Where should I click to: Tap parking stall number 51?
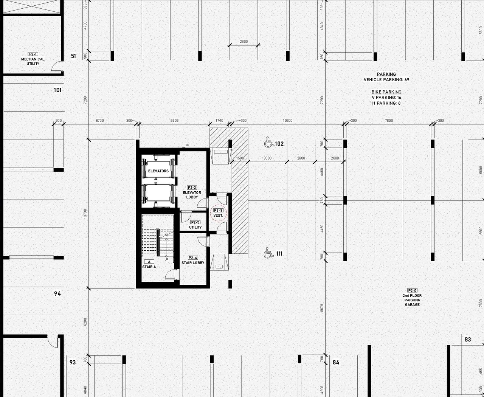click(x=73, y=56)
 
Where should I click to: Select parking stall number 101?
click(x=57, y=90)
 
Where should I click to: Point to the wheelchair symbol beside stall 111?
click(x=268, y=253)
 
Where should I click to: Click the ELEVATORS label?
click(x=158, y=171)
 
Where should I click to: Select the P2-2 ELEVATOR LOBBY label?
click(x=192, y=192)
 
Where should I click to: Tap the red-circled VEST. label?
click(x=218, y=213)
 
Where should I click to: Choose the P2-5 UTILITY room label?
click(x=195, y=225)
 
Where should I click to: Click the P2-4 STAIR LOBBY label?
click(x=193, y=261)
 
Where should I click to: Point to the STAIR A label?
click(x=149, y=265)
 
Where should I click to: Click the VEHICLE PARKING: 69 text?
click(x=386, y=80)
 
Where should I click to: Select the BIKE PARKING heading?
click(x=386, y=92)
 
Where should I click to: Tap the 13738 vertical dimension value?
click(x=85, y=214)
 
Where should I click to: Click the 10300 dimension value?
click(x=288, y=121)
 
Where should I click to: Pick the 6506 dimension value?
click(x=174, y=121)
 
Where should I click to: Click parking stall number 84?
click(x=336, y=362)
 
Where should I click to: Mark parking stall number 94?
click(x=57, y=293)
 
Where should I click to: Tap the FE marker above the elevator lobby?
click(x=187, y=145)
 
